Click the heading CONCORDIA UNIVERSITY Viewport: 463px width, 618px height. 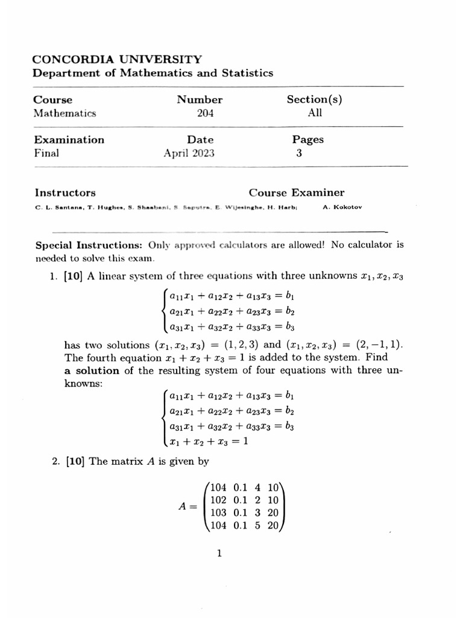pyautogui.click(x=117, y=59)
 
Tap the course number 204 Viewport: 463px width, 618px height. pyautogui.click(x=205, y=113)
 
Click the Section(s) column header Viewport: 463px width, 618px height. pyautogui.click(x=314, y=100)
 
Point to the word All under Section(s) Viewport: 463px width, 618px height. pyautogui.click(x=315, y=113)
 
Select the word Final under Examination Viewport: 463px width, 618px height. pyautogui.click(x=46, y=153)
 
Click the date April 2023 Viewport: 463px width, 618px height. pyautogui.click(x=189, y=153)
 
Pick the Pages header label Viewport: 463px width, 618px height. pyautogui.click(x=307, y=139)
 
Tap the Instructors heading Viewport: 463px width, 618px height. pyautogui.click(x=65, y=193)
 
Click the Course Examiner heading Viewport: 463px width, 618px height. pyautogui.click(x=297, y=193)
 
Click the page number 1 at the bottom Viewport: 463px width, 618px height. pyautogui.click(x=220, y=553)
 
